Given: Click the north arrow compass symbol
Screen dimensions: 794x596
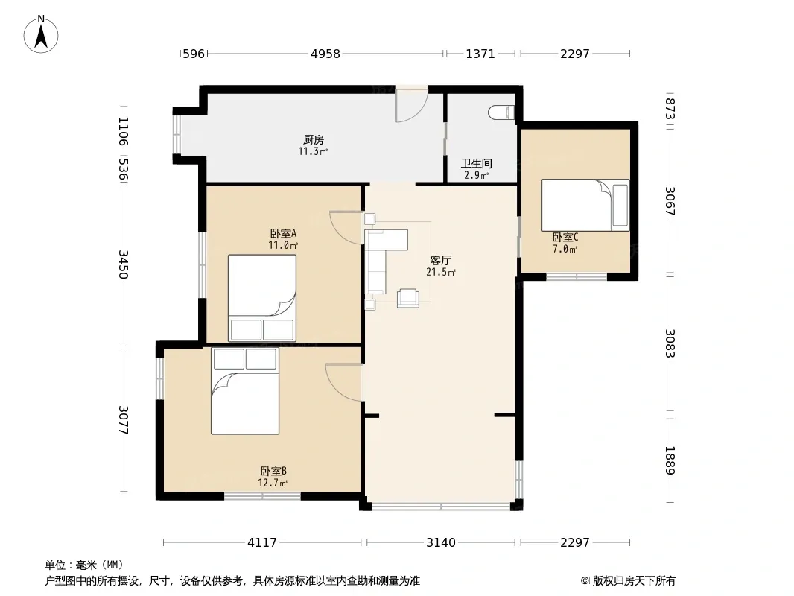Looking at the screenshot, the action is point(41,34).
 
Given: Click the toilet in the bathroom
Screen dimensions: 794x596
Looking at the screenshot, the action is point(502,112).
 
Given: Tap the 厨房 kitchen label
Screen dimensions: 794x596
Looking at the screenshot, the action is point(314,140).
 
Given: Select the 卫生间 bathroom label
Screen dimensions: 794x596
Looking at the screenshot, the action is point(477,164).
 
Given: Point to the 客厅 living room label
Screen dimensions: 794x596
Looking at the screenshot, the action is point(440,260).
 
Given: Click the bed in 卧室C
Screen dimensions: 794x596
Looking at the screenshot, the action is point(585,205).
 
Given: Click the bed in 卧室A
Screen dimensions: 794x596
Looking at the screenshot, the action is point(261,298).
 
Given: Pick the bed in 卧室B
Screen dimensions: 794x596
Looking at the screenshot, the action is point(245,390).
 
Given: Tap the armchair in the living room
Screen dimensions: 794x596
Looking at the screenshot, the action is point(407,298).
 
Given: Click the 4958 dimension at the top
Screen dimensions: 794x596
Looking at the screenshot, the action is point(325,54).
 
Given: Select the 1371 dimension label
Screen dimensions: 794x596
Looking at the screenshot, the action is point(480,54).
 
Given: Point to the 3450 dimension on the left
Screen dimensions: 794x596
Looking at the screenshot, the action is point(123,264).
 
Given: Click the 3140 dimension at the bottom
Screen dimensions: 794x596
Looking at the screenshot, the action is point(440,543).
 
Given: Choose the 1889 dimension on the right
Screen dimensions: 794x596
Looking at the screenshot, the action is point(670,460).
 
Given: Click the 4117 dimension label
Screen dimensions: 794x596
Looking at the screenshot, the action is point(261,543).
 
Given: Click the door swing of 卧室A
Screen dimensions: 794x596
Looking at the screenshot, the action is point(346,227).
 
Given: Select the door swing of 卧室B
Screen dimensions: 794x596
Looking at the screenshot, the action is point(344,382).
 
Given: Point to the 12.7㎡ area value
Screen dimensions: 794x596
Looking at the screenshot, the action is point(273,483).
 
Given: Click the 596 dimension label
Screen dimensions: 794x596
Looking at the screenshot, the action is point(194,54).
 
